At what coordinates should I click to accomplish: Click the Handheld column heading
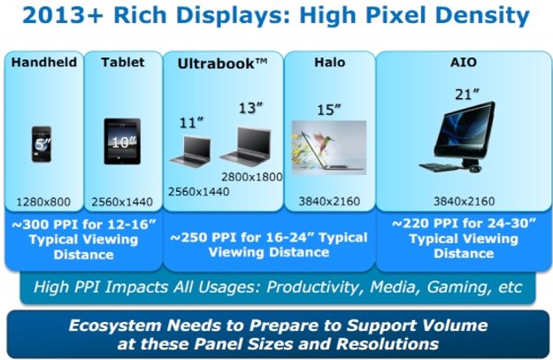(44, 63)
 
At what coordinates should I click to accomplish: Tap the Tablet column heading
(123, 63)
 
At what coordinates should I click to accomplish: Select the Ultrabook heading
(222, 64)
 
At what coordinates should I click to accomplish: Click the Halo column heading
(330, 63)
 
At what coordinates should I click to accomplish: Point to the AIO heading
(464, 63)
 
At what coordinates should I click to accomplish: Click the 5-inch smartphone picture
(42, 144)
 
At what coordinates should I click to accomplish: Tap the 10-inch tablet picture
(122, 142)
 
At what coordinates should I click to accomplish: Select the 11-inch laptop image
(191, 151)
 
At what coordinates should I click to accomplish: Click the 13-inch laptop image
(246, 146)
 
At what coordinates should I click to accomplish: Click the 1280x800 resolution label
(43, 202)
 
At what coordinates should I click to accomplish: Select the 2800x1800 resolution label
(252, 177)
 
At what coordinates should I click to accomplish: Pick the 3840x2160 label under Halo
(329, 202)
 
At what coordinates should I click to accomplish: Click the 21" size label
(467, 95)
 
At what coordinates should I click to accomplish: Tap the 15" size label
(329, 110)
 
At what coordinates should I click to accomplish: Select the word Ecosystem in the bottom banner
(115, 326)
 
